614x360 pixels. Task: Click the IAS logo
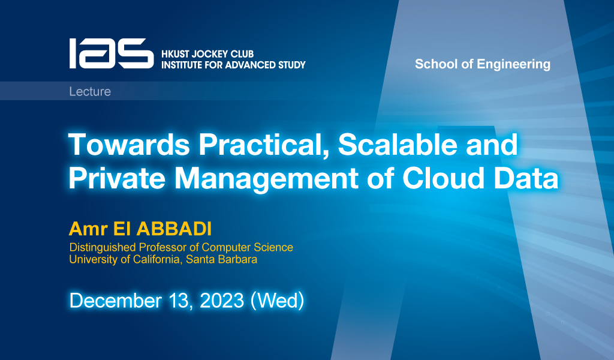point(111,53)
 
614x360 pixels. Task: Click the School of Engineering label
point(482,64)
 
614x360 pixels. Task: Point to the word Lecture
point(90,92)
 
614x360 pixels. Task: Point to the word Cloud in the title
point(444,179)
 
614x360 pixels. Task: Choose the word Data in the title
point(526,179)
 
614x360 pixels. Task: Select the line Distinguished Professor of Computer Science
point(181,247)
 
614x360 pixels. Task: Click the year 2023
point(219,300)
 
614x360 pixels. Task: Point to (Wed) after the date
point(277,300)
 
